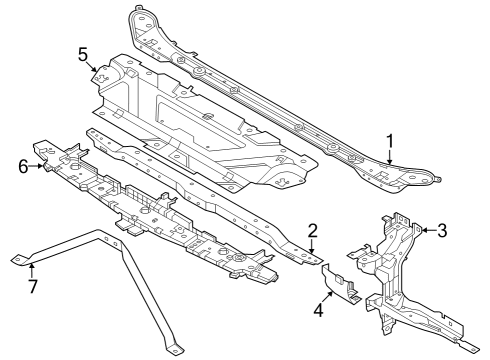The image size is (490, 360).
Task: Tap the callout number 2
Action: click(x=312, y=229)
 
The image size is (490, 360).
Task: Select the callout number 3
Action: click(x=443, y=229)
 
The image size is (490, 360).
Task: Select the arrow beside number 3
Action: click(x=427, y=230)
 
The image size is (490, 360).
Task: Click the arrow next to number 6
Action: click(x=38, y=167)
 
